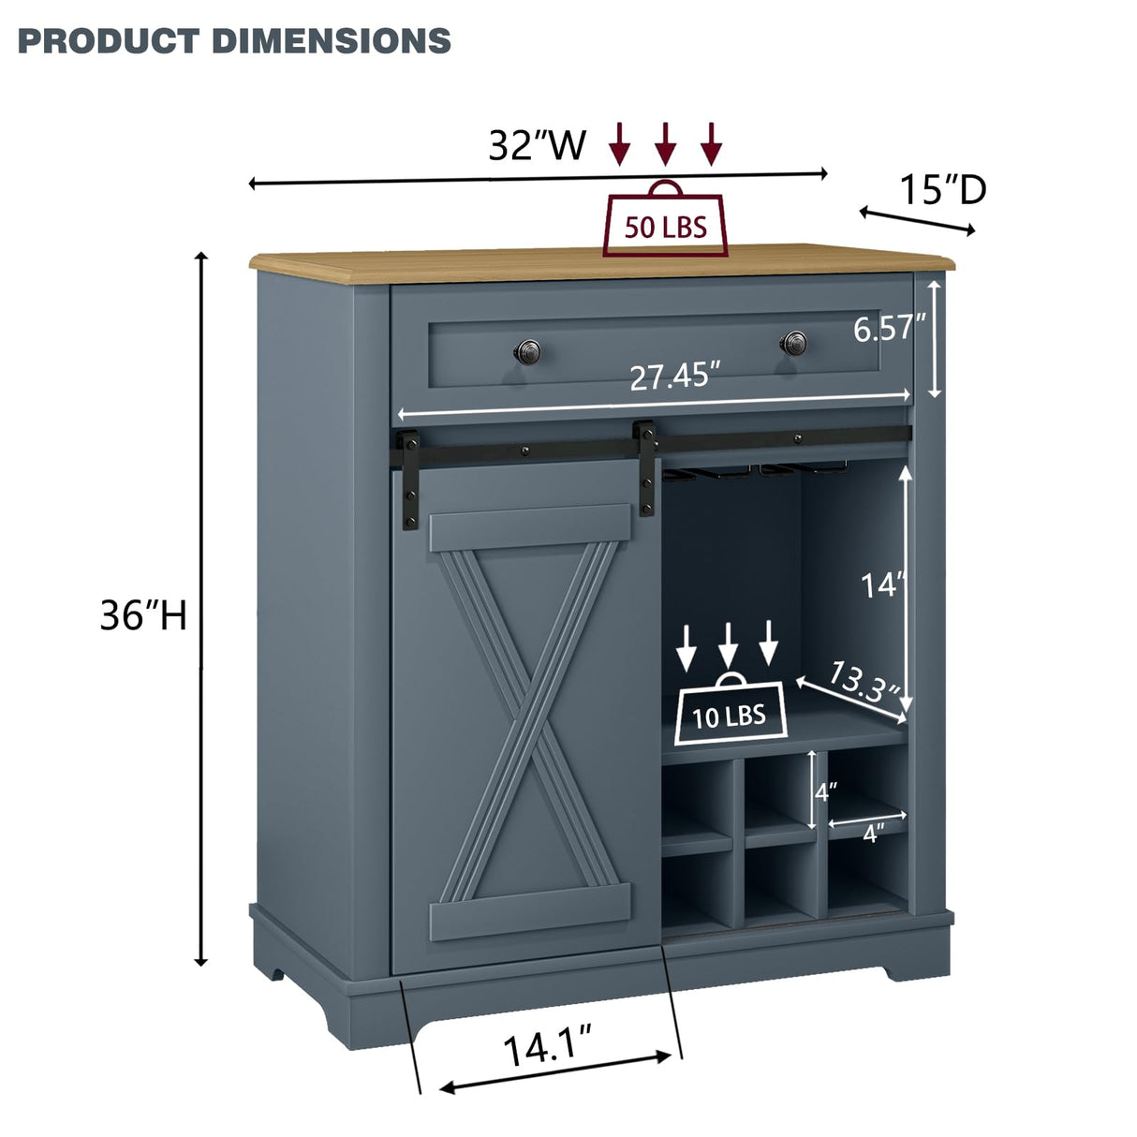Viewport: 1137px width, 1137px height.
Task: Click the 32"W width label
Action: click(537, 145)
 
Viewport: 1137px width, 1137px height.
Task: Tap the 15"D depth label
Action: click(943, 190)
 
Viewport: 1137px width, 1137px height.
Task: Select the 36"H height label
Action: click(144, 615)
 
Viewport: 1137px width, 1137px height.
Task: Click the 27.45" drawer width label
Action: click(674, 377)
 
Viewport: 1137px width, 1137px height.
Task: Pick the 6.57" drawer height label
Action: click(889, 328)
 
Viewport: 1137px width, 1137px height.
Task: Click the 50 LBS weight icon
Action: click(665, 222)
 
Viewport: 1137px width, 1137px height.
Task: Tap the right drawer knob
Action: click(795, 343)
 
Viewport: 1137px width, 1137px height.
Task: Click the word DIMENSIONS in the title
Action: click(332, 40)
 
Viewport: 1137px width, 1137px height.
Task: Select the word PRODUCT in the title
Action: click(109, 40)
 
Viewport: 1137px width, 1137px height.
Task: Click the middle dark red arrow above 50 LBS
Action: click(665, 142)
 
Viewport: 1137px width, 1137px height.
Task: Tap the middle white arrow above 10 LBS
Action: click(729, 644)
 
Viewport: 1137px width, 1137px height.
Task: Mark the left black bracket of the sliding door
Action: click(409, 468)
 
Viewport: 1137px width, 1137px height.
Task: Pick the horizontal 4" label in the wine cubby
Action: click(873, 834)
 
